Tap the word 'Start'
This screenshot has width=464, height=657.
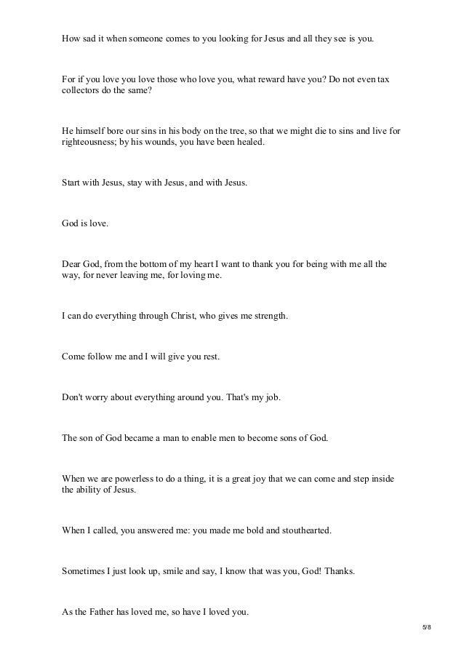tap(71, 183)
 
